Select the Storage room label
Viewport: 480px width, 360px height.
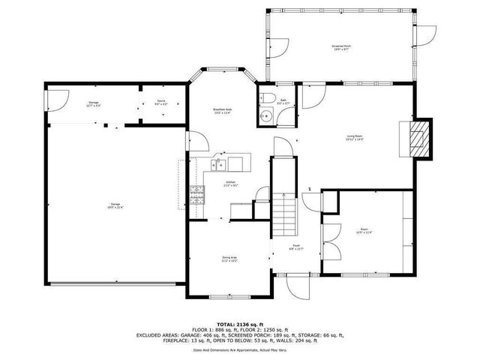(x=94, y=103)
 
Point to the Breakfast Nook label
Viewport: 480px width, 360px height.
(x=222, y=111)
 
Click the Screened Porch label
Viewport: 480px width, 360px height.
(x=342, y=47)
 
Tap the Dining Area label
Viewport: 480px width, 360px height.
(x=230, y=259)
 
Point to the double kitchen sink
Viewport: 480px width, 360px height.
(x=221, y=164)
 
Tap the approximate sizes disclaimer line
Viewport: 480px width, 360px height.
(x=239, y=349)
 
